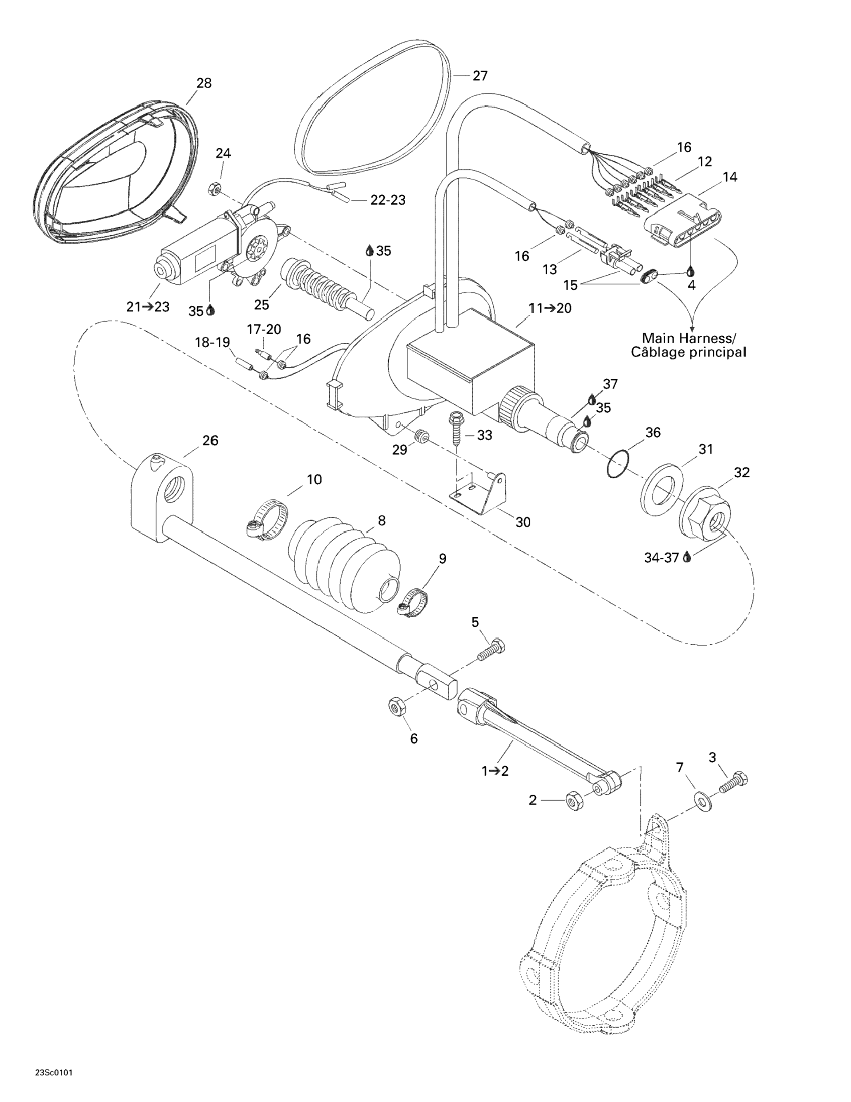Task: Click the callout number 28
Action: (x=204, y=83)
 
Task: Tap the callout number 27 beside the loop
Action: (x=480, y=76)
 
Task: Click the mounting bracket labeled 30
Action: (x=478, y=491)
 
